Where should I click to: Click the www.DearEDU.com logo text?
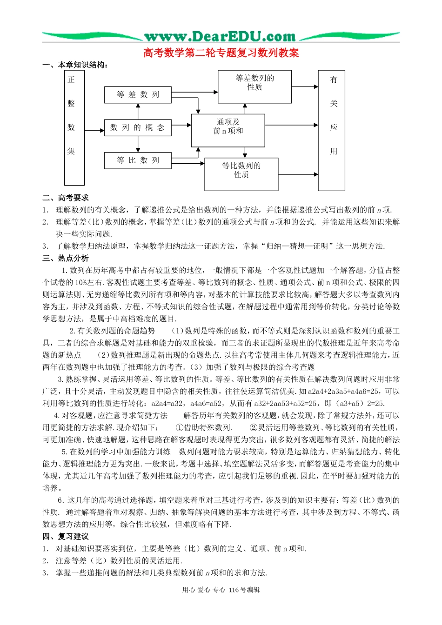click(x=220, y=36)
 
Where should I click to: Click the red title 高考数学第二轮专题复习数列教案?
click(x=221, y=53)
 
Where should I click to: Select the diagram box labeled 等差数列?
click(x=138, y=95)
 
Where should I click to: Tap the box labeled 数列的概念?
click(x=138, y=127)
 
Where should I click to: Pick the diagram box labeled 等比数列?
click(x=138, y=160)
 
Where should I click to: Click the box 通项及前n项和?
click(x=228, y=126)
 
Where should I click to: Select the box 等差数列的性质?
click(x=254, y=86)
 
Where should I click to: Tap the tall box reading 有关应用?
click(x=331, y=130)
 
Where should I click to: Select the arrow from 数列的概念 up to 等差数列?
click(x=138, y=111)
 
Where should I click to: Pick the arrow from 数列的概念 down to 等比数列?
click(x=138, y=144)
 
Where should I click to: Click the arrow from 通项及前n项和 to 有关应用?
click(x=292, y=125)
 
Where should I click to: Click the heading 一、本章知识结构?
click(x=76, y=65)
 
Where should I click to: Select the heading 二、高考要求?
click(x=66, y=198)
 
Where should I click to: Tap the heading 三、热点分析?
click(x=66, y=258)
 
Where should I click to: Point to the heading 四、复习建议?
click(x=66, y=536)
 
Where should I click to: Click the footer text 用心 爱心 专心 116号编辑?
click(x=221, y=590)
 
